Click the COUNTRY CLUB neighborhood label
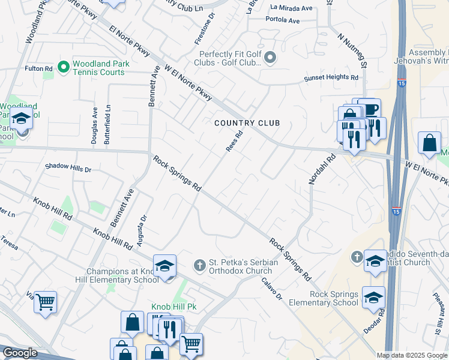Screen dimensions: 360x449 point(248,123)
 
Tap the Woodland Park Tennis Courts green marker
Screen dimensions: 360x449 point(64,65)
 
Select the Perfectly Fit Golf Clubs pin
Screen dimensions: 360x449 point(270,58)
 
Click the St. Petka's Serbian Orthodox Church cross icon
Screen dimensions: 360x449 point(200,265)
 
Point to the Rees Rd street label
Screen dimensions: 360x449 point(234,142)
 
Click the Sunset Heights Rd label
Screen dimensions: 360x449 point(332,77)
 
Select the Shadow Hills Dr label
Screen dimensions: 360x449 point(68,169)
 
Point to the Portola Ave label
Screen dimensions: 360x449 point(285,20)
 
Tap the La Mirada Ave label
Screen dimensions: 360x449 point(292,8)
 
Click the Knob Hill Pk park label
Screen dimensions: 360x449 point(174,307)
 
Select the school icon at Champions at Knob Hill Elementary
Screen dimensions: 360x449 point(165,265)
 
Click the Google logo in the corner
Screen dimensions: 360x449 point(20,353)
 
